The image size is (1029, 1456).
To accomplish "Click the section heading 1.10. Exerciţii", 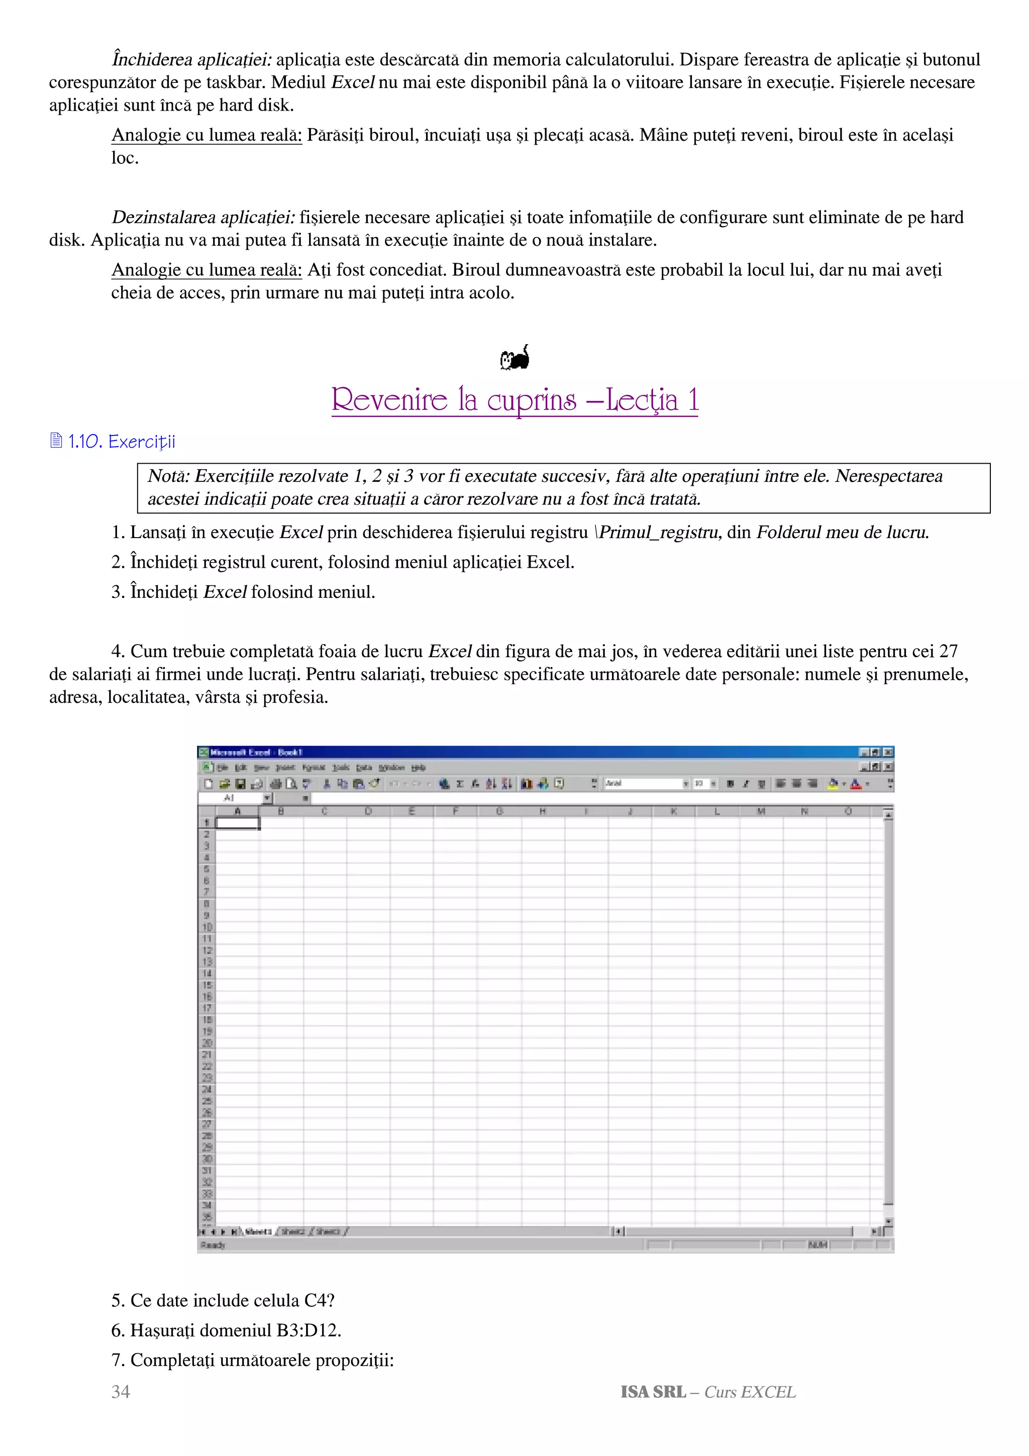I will (x=121, y=442).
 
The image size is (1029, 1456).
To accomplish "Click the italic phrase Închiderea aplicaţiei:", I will (x=191, y=60).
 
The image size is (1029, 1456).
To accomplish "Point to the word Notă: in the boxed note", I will (x=169, y=476).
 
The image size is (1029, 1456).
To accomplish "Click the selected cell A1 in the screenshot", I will (x=238, y=823).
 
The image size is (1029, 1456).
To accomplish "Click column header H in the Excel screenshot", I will (x=543, y=811).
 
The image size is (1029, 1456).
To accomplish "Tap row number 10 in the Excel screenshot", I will (x=207, y=926).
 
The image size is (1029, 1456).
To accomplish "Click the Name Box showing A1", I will (x=230, y=798).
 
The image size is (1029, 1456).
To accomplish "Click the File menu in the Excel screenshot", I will (x=223, y=767).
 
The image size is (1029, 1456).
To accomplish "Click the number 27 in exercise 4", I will (x=948, y=651).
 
